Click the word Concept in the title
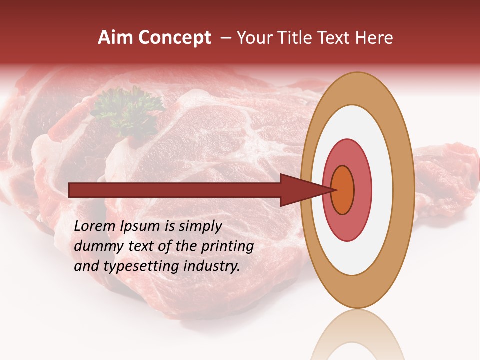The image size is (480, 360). click(x=174, y=38)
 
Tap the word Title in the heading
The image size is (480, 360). click(x=297, y=38)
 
